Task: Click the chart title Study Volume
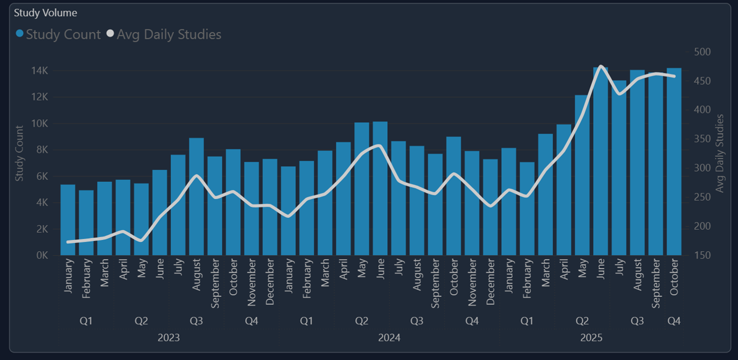point(45,12)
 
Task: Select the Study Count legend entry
point(58,34)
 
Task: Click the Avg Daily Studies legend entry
point(164,34)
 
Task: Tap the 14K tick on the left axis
point(40,71)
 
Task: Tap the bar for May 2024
point(362,189)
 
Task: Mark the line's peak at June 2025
point(601,66)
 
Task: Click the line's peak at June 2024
point(380,145)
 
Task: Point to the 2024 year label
point(389,338)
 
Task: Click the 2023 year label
point(169,338)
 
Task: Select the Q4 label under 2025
point(674,321)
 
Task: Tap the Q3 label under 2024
point(417,321)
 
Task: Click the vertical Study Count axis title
point(19,153)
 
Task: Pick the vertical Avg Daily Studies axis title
point(720,153)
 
